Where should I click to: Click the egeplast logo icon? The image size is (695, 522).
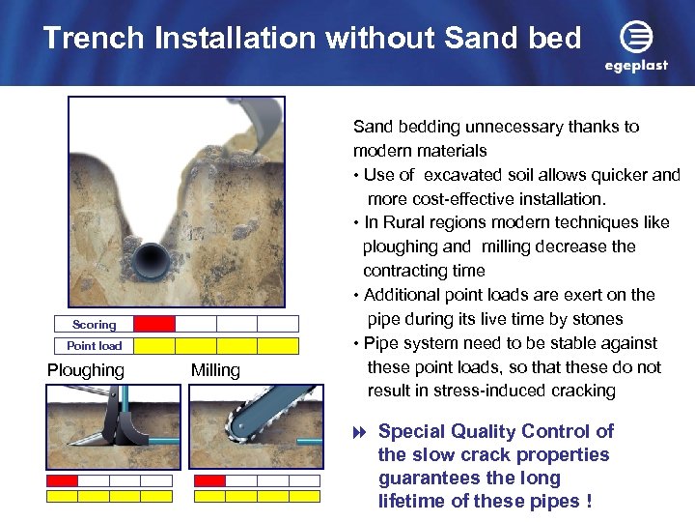[636, 38]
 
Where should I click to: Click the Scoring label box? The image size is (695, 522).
[94, 325]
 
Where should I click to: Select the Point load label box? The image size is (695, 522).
[94, 346]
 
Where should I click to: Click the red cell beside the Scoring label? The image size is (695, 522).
[154, 325]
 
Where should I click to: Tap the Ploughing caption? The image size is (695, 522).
[86, 370]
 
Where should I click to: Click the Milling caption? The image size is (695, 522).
[215, 370]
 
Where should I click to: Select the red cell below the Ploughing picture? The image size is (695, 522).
[63, 480]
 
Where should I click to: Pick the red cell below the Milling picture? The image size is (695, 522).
[209, 480]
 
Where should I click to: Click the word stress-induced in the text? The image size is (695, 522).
[469, 391]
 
